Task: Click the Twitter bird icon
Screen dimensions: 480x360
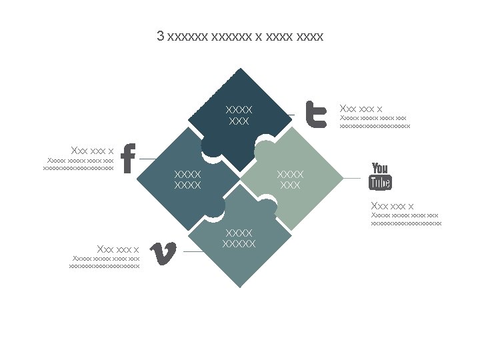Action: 315,114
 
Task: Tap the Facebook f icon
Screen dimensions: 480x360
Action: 129,159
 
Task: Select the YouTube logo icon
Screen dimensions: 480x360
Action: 380,176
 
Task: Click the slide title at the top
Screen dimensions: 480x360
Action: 240,36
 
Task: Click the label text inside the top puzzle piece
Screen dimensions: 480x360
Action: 239,115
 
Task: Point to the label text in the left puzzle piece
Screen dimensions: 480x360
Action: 187,179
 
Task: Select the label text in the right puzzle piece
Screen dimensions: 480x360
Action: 290,179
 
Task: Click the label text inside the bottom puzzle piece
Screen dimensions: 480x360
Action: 239,238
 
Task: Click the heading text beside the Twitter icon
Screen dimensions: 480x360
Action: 361,108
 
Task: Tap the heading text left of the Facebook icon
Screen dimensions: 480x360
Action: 92,150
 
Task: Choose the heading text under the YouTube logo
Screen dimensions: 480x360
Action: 392,205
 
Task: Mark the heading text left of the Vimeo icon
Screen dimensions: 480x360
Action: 118,249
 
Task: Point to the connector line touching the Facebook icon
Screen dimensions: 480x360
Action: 147,159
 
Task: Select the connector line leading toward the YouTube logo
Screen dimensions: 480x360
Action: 352,178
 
